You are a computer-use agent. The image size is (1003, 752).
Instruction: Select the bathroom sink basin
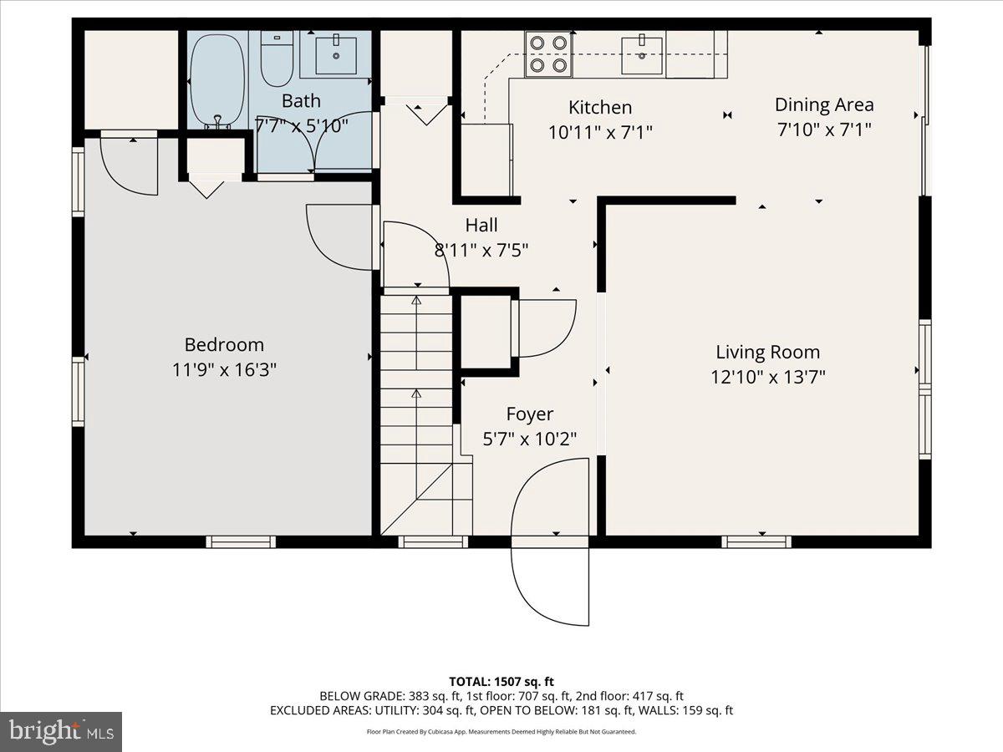click(335, 55)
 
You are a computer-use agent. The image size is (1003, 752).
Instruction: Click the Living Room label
click(767, 352)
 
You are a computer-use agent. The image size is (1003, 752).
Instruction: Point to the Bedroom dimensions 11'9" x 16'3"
click(224, 369)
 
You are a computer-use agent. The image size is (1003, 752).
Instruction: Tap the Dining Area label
click(824, 104)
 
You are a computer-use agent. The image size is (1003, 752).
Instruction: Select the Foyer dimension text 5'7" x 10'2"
click(530, 438)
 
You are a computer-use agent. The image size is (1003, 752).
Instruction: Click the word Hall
click(481, 225)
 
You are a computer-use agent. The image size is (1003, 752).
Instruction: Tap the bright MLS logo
click(61, 732)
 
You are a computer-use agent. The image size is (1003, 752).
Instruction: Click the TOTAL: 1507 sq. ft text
click(501, 682)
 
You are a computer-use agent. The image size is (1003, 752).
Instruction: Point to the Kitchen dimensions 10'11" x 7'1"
click(600, 131)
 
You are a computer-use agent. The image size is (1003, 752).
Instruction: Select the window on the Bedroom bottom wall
click(241, 541)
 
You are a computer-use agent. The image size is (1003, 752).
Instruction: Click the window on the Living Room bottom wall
click(756, 541)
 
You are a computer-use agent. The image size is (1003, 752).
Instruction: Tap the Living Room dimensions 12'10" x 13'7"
click(767, 376)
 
